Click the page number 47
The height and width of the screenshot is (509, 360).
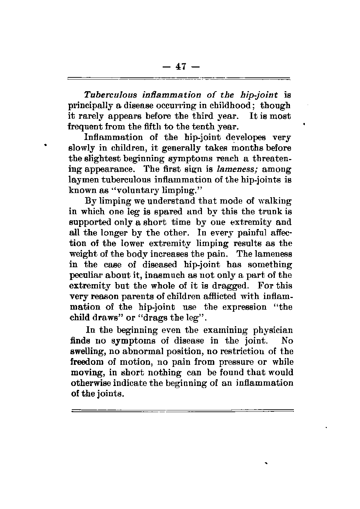(180, 66)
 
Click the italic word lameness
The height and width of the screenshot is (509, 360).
(239, 169)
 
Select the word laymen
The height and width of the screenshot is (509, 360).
(80, 180)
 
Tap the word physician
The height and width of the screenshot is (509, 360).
(273, 330)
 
